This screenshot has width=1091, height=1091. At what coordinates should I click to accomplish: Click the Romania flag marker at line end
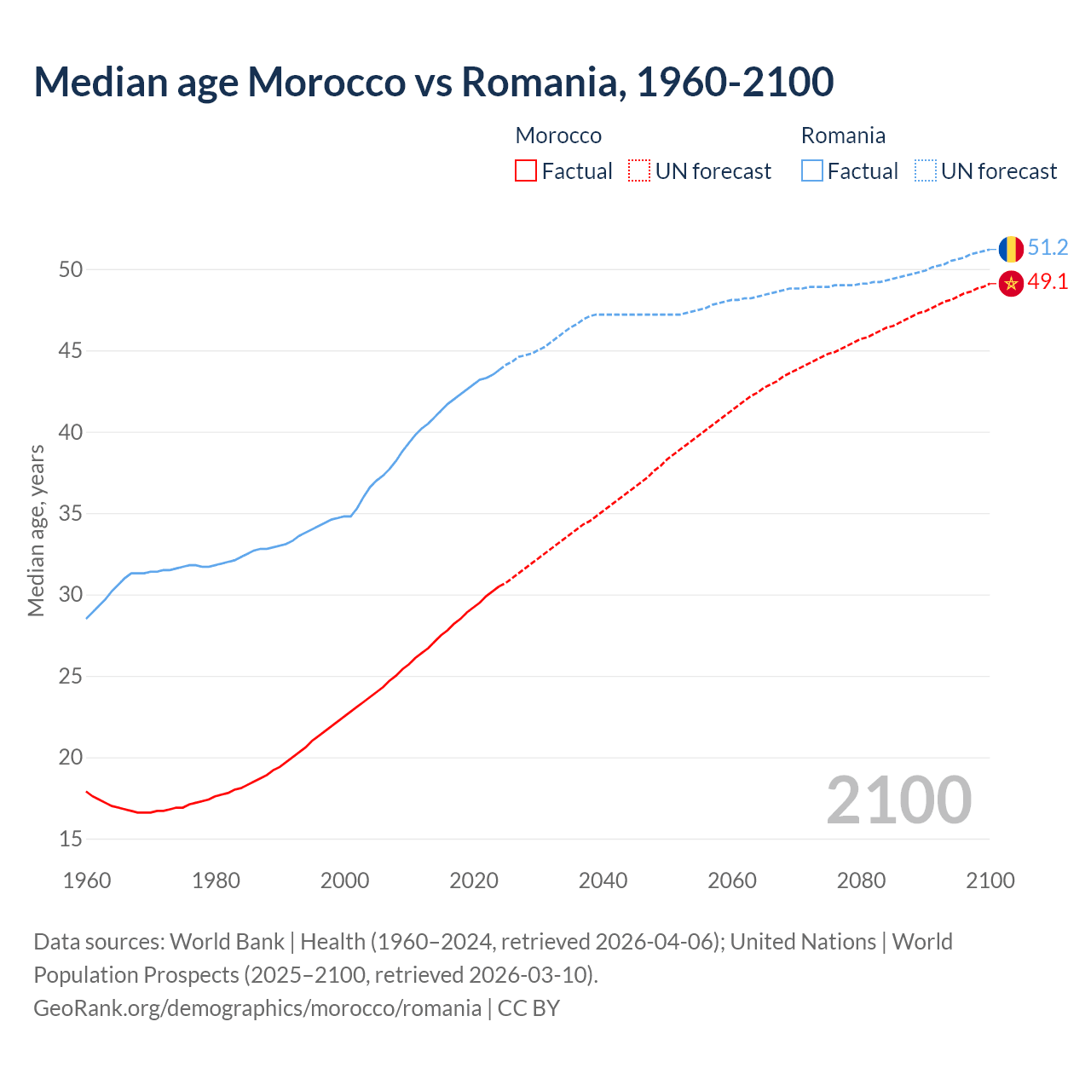pyautogui.click(x=1011, y=249)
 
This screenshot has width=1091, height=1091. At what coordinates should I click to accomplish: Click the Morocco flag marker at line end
pyautogui.click(x=1011, y=283)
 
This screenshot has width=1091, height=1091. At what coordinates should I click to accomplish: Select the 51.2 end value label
pyautogui.click(x=1048, y=248)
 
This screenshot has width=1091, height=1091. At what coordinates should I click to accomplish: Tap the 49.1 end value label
pyautogui.click(x=1048, y=282)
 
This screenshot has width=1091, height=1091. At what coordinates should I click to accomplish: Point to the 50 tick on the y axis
pyautogui.click(x=71, y=270)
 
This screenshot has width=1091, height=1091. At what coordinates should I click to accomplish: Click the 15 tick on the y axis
pyautogui.click(x=71, y=840)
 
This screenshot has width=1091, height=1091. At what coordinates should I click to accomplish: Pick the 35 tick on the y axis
pyautogui.click(x=71, y=514)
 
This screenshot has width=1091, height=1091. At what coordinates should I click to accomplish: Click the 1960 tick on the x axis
pyautogui.click(x=87, y=880)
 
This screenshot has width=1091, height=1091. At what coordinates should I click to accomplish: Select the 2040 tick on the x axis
pyautogui.click(x=603, y=880)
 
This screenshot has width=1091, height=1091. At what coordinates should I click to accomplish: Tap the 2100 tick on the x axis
pyautogui.click(x=990, y=880)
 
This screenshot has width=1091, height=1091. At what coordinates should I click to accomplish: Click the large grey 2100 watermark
pyautogui.click(x=898, y=800)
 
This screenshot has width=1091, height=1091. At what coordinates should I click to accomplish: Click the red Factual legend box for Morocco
pyautogui.click(x=526, y=171)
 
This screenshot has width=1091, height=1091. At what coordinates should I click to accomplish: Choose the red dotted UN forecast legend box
pyautogui.click(x=639, y=171)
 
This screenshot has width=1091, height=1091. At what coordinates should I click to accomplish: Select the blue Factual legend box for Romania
pyautogui.click(x=812, y=171)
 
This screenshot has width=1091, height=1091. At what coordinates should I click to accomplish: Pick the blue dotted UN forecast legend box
pyautogui.click(x=926, y=171)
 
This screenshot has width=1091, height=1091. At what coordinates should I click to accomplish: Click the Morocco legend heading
pyautogui.click(x=558, y=136)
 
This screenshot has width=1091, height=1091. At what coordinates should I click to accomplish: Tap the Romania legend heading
pyautogui.click(x=843, y=136)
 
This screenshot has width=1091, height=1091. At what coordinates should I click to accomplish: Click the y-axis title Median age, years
pyautogui.click(x=36, y=530)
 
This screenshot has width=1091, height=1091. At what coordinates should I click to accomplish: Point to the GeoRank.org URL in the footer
pyautogui.click(x=257, y=1008)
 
